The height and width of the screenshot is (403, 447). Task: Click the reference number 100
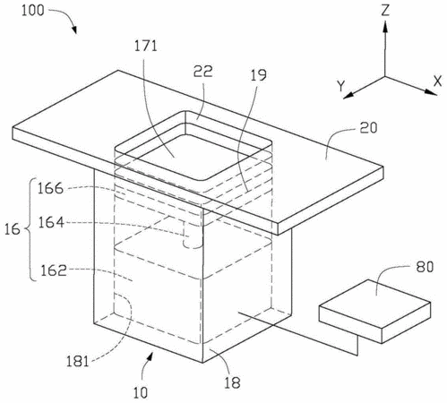(x=33, y=10)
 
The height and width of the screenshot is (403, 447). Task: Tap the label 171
(x=145, y=46)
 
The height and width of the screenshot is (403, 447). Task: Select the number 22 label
(x=203, y=72)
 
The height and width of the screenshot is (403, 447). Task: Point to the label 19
(x=258, y=75)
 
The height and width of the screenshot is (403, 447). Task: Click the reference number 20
(x=368, y=128)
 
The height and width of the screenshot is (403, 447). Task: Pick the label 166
(x=50, y=188)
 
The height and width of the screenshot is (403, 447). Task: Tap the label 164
(x=51, y=222)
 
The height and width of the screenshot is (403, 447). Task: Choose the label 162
(x=54, y=270)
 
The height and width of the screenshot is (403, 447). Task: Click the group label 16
(x=12, y=229)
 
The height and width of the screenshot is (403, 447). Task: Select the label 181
(x=77, y=362)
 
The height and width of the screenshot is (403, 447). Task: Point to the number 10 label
(x=141, y=392)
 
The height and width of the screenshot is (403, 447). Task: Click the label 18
(x=232, y=382)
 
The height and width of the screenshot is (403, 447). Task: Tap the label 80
(x=425, y=267)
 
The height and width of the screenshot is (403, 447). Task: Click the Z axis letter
(x=385, y=10)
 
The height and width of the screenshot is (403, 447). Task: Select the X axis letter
(x=438, y=81)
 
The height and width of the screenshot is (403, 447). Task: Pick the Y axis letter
(x=341, y=86)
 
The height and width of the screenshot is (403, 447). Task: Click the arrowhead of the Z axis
(x=385, y=26)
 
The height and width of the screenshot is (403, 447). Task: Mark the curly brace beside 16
(x=29, y=229)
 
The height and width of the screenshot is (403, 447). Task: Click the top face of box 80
(x=375, y=301)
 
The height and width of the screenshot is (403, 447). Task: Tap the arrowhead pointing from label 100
(x=73, y=30)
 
